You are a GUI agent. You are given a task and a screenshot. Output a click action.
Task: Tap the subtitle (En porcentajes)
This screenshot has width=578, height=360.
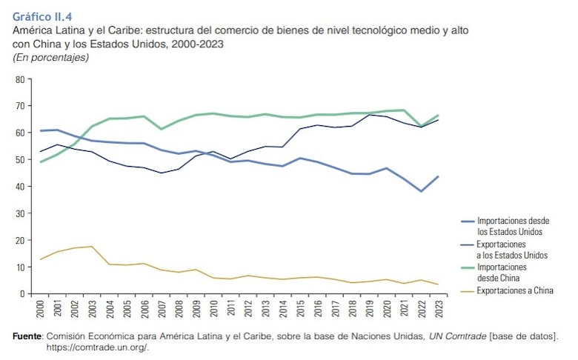point(51,57)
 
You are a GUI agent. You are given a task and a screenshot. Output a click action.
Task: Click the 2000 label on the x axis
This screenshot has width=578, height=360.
point(40,307)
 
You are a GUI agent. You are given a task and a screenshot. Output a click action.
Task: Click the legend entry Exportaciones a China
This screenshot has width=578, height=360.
point(515,290)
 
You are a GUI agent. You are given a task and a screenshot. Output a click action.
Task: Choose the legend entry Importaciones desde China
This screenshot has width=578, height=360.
point(502,272)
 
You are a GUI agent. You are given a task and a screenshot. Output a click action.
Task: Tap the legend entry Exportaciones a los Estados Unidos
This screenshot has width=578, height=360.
point(511,249)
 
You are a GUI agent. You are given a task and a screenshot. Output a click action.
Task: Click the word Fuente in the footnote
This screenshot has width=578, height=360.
point(27,337)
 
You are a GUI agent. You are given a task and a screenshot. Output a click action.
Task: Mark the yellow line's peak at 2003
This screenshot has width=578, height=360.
point(91,247)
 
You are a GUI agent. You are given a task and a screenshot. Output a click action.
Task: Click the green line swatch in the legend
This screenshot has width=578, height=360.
point(467,267)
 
